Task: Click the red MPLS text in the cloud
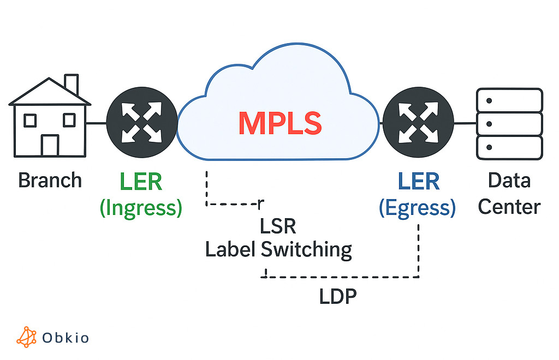tap(279, 123)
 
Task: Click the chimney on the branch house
tap(71, 85)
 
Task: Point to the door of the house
tap(50, 145)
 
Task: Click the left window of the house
tap(31, 119)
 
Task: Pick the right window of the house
tap(69, 119)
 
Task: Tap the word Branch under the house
tap(50, 180)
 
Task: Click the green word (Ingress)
tap(141, 208)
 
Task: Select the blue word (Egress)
tap(418, 208)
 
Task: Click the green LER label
tap(141, 182)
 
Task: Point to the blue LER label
tap(419, 182)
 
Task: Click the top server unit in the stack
tap(509, 100)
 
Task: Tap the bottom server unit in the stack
tap(509, 148)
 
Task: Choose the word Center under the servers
tap(509, 207)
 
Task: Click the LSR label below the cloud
tap(278, 226)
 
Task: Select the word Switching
tap(306, 250)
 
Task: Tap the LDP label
tap(337, 296)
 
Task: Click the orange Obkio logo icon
tap(26, 337)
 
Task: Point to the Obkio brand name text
tap(66, 338)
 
